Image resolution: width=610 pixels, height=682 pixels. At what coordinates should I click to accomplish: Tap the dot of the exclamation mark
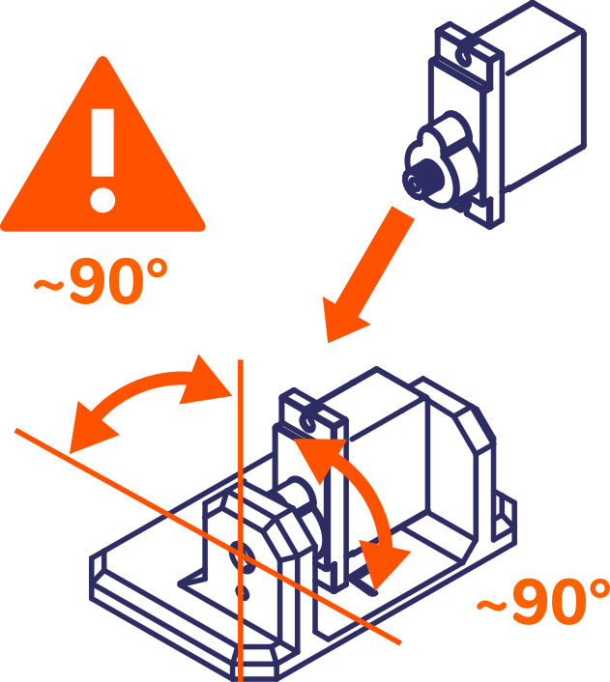(x=102, y=201)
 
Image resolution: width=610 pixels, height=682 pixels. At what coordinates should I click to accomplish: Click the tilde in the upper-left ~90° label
(x=48, y=285)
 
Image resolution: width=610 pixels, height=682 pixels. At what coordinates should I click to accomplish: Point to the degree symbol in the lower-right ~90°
(x=596, y=590)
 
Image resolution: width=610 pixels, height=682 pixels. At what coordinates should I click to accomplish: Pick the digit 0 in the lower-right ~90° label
(x=562, y=603)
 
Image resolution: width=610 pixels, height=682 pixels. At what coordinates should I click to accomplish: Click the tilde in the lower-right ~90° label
(x=491, y=605)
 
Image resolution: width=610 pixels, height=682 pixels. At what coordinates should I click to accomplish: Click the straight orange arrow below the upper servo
(x=368, y=274)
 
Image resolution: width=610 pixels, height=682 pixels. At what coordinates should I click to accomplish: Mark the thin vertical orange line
(x=240, y=521)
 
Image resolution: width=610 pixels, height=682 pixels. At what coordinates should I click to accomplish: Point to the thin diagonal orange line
(x=207, y=536)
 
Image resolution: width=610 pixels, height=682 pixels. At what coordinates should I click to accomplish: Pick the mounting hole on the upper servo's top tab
(x=465, y=55)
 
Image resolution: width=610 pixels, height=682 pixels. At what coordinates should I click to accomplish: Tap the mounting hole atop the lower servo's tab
(x=308, y=422)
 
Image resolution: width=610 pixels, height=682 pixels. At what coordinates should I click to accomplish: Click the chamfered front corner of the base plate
(x=257, y=664)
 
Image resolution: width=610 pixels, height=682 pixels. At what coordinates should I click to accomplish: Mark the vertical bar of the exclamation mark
(x=102, y=142)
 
